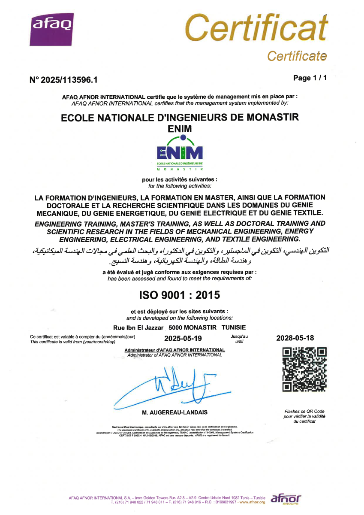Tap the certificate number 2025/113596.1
coord(63,80)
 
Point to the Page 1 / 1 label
coord(310,78)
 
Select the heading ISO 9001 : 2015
coord(179,295)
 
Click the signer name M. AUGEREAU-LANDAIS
coord(174,412)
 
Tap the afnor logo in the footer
coord(286,499)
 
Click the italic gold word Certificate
coord(296,56)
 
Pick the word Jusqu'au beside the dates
coord(239,336)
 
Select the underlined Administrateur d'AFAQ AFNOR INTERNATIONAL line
coord(174,350)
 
